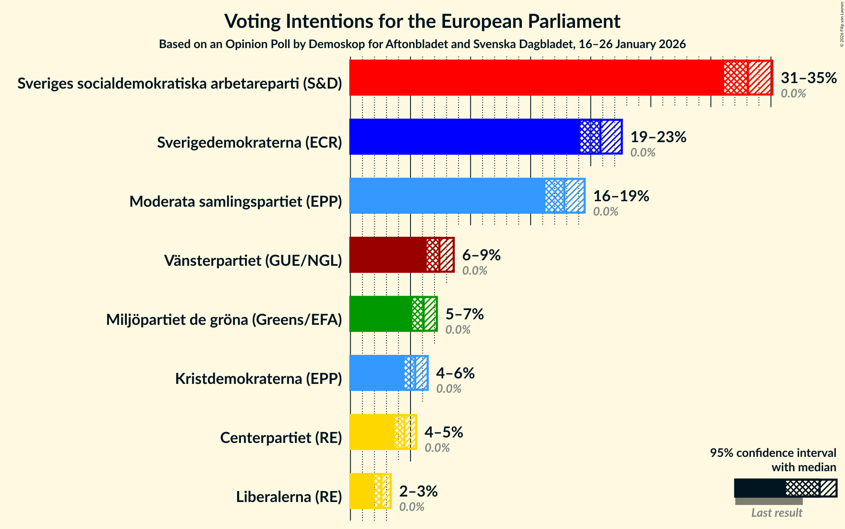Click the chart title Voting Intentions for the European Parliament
(x=422, y=21)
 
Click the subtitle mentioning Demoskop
(x=422, y=44)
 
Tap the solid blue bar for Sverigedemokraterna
(x=464, y=137)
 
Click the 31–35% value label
(x=808, y=78)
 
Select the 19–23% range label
(x=658, y=137)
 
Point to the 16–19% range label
(x=621, y=196)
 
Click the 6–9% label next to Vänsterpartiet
(x=481, y=255)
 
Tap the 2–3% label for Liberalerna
(x=418, y=491)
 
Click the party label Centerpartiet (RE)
(x=281, y=438)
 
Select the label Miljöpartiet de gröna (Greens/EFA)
(x=224, y=320)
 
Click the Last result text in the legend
(x=776, y=513)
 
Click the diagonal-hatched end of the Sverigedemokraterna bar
(x=611, y=137)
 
